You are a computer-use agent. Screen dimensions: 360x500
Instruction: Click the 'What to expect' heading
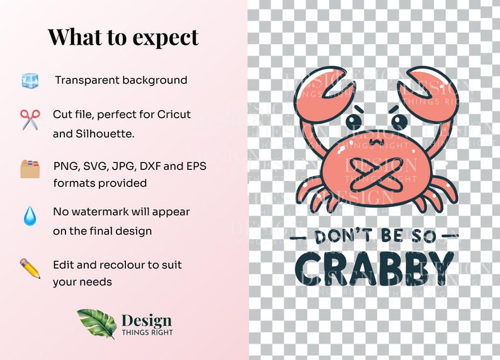tap(123, 37)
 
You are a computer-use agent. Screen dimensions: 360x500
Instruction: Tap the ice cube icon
tap(30, 81)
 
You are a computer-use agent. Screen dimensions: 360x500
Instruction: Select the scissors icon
tap(30, 119)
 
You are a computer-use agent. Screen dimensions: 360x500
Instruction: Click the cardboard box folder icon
tap(30, 169)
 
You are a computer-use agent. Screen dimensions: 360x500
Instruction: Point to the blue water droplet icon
tap(30, 217)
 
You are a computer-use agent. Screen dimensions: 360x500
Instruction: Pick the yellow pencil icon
tap(30, 268)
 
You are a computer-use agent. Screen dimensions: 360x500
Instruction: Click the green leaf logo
tap(96, 323)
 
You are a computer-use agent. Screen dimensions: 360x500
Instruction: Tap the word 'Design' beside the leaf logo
tap(146, 320)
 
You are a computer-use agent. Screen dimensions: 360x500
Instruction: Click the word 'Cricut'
tap(170, 115)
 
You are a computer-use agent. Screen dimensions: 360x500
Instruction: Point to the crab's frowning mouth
tap(377, 142)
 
